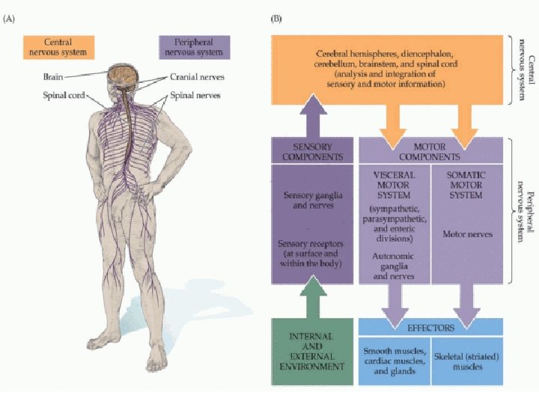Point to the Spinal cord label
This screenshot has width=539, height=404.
coord(64,95)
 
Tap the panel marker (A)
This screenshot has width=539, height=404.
coord(13,19)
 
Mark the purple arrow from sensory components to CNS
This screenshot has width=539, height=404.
coord(312,120)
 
